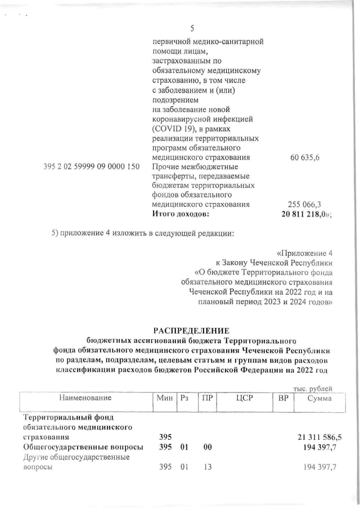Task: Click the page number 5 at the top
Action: point(192,29)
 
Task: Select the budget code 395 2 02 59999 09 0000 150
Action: point(91,167)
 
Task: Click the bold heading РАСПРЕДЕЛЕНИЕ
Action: point(191,330)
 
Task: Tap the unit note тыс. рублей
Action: point(313,389)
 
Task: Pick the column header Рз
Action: point(184,398)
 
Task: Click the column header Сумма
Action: point(319,398)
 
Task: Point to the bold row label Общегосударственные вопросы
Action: point(82,447)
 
